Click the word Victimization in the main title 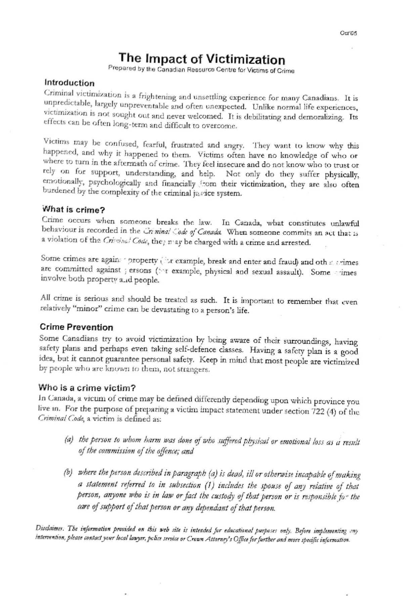(x=245, y=60)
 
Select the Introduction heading (x=70, y=83)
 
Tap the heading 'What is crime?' (x=73, y=210)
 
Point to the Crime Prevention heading (x=76, y=327)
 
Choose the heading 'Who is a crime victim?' (x=87, y=388)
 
